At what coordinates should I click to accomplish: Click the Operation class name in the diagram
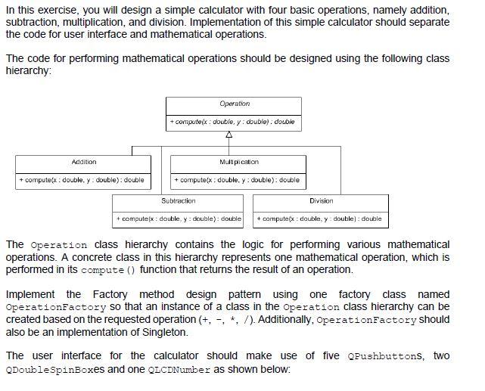pyautogui.click(x=235, y=104)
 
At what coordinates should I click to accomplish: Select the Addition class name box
pyautogui.click(x=84, y=162)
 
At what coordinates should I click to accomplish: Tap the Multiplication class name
pyautogui.click(x=238, y=162)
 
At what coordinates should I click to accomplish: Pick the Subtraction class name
pyautogui.click(x=179, y=200)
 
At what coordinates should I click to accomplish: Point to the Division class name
pyautogui.click(x=321, y=200)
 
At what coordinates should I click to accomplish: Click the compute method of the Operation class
pyautogui.click(x=232, y=122)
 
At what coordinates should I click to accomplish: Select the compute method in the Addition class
pyautogui.click(x=83, y=180)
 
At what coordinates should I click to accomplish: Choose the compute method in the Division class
pyautogui.click(x=320, y=219)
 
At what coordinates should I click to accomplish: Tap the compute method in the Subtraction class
pyautogui.click(x=179, y=219)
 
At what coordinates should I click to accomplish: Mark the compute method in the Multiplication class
pyautogui.click(x=238, y=180)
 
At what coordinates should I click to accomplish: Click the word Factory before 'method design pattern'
pyautogui.click(x=110, y=294)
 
